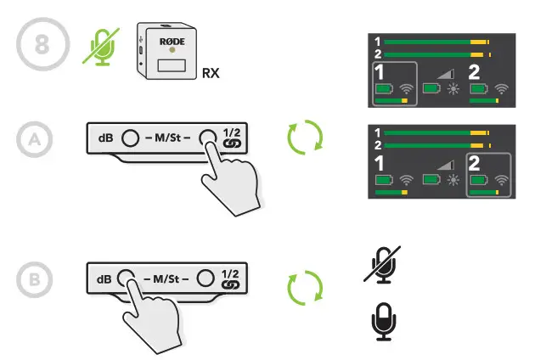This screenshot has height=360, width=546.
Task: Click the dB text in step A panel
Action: coord(105,138)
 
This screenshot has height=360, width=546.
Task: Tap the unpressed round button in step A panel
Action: coord(130,138)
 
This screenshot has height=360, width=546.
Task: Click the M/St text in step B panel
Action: coord(166,277)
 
